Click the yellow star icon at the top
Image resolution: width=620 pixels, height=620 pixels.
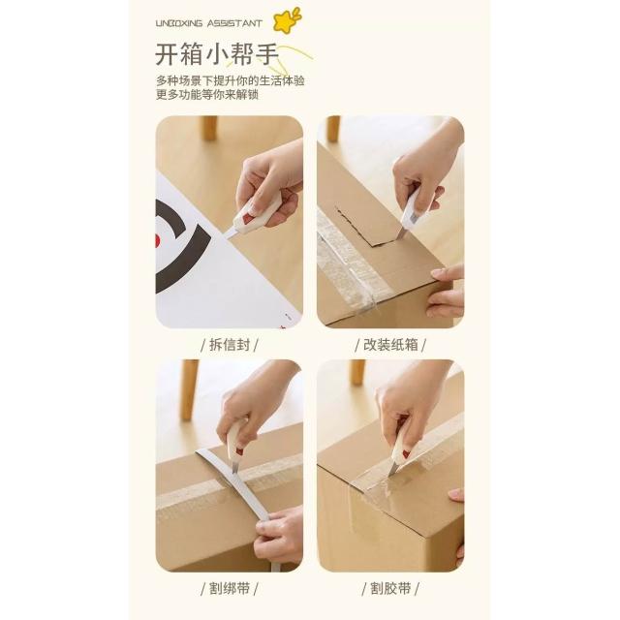pos(286,20)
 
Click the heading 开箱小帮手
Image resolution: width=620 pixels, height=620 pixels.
pos(217,54)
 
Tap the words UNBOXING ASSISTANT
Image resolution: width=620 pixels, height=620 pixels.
pos(209,23)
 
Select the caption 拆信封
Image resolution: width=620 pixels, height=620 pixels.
pos(230,345)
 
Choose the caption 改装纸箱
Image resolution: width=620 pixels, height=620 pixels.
pos(390,345)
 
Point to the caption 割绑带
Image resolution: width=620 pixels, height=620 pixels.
pos(230,589)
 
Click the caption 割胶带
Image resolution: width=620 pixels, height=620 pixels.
pos(390,589)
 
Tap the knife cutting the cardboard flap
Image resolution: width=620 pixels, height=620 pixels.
pos(410,215)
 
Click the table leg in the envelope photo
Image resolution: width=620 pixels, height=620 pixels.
pos(209,128)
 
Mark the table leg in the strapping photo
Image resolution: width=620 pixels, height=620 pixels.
pos(190,389)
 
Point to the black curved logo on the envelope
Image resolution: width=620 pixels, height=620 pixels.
pos(183,250)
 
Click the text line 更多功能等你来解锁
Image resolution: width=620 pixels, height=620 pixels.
pos(207,95)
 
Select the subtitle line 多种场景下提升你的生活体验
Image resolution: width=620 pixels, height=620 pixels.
pos(231,81)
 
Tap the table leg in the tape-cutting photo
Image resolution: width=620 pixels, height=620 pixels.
pos(357,372)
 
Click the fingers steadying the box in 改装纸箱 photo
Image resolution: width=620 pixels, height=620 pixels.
pos(447,291)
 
